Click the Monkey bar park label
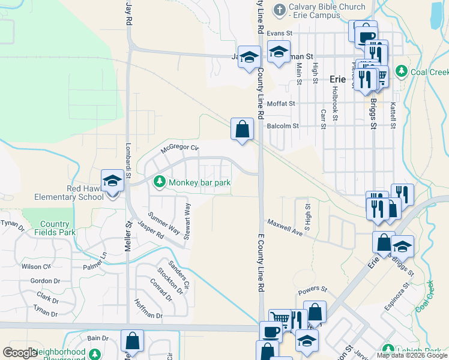tap(200, 182)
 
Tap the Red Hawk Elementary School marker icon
tap(112, 181)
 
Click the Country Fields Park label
tap(55, 228)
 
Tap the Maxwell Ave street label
tap(284, 228)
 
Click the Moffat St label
tap(282, 104)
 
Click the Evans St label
tap(279, 34)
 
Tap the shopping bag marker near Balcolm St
tap(242, 130)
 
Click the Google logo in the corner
tap(20, 353)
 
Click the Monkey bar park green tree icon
tap(160, 181)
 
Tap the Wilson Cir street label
tap(35, 266)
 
